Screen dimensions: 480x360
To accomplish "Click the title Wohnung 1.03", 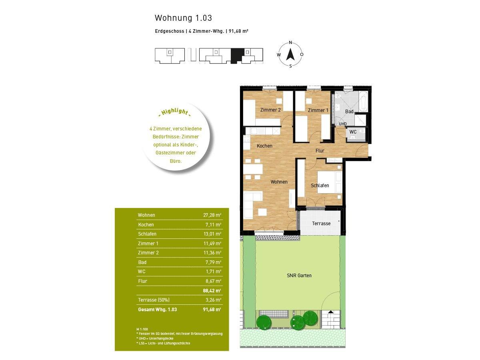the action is pos(183,18).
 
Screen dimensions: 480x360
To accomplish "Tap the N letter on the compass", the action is pos(290,42).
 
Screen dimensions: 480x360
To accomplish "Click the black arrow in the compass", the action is pos(290,55).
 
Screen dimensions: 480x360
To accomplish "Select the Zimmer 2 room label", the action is pos(270,110).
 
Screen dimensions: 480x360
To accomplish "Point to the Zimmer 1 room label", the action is pos(318,110).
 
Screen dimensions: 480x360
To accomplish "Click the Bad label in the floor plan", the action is pos(349,112).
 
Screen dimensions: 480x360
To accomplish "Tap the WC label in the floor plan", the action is pos(353,132).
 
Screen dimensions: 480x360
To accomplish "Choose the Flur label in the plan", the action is pos(320,151).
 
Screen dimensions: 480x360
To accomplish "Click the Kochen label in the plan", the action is pos(264,146).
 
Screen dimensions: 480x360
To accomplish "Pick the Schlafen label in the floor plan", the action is pos(320,186).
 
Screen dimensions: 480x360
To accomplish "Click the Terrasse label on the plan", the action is pos(321,223).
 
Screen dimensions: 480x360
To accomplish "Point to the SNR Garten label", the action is pos(299,276).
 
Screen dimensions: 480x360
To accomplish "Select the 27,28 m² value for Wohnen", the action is pos(212,215).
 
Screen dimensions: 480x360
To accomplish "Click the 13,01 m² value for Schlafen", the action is pos(212,234).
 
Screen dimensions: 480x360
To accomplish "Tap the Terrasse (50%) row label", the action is pos(154,300).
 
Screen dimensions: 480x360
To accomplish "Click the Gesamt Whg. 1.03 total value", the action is pos(212,310).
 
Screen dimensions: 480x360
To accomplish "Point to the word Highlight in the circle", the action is pos(175,112).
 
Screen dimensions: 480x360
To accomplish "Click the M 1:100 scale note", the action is pos(142,329).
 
